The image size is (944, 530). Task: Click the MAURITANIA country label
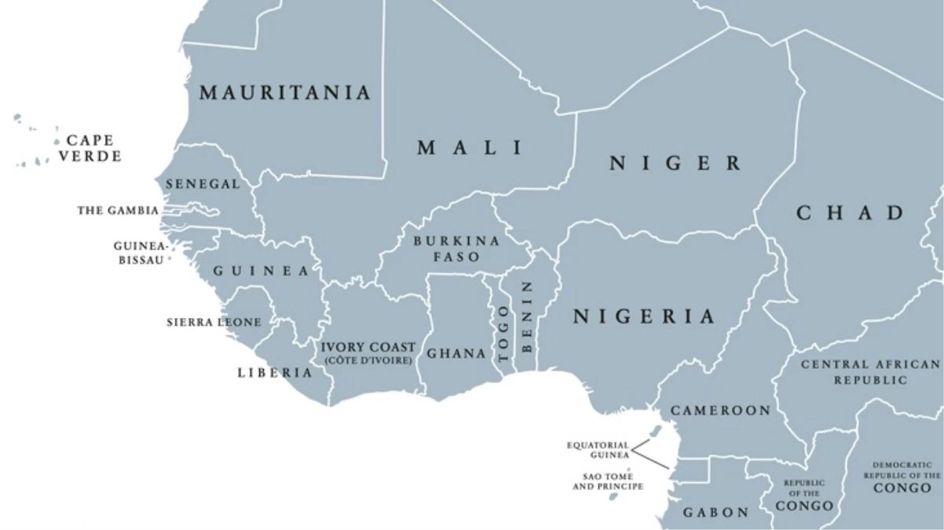click(284, 93)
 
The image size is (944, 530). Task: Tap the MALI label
click(470, 148)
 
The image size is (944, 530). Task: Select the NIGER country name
click(675, 163)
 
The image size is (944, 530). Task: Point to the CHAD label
click(851, 213)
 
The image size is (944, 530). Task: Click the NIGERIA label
click(644, 316)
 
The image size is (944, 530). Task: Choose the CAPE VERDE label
click(90, 148)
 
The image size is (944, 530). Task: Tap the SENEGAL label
click(203, 184)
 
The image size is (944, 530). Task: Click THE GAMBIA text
click(118, 210)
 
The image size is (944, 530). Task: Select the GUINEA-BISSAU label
click(141, 252)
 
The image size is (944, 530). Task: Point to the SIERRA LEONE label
click(214, 322)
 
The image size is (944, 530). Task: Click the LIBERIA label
click(275, 372)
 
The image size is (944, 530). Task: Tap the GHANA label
click(456, 353)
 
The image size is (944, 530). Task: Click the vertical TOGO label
click(503, 332)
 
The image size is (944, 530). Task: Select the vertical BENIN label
click(527, 316)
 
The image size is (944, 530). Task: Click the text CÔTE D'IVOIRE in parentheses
click(368, 360)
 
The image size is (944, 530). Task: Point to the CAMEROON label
click(720, 411)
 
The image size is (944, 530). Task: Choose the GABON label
click(715, 513)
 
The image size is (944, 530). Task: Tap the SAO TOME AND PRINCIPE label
click(608, 481)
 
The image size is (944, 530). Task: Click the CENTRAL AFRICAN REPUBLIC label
click(869, 372)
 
